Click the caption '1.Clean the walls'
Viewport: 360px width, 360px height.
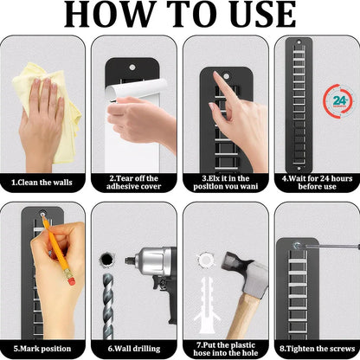[x=42, y=183]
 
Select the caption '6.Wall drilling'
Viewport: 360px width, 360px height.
[x=134, y=349]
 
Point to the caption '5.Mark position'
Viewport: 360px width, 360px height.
[x=42, y=349]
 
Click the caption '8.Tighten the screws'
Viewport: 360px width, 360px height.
[x=318, y=349]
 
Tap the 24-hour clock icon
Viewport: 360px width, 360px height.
[x=339, y=100]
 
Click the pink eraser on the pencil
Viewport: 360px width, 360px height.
[x=71, y=279]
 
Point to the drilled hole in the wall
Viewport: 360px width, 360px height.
[x=106, y=259]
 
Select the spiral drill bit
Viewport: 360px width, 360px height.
[x=108, y=305]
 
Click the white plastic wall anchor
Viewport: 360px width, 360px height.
[x=208, y=301]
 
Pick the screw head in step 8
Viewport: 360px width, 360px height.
[x=297, y=246]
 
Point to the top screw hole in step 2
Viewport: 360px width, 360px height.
[x=132, y=67]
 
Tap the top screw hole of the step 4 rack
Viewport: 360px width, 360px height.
[x=299, y=42]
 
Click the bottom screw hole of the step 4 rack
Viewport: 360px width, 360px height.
[x=299, y=168]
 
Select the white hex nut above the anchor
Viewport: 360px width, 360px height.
[x=207, y=260]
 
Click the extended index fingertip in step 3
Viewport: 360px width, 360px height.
[x=216, y=75]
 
